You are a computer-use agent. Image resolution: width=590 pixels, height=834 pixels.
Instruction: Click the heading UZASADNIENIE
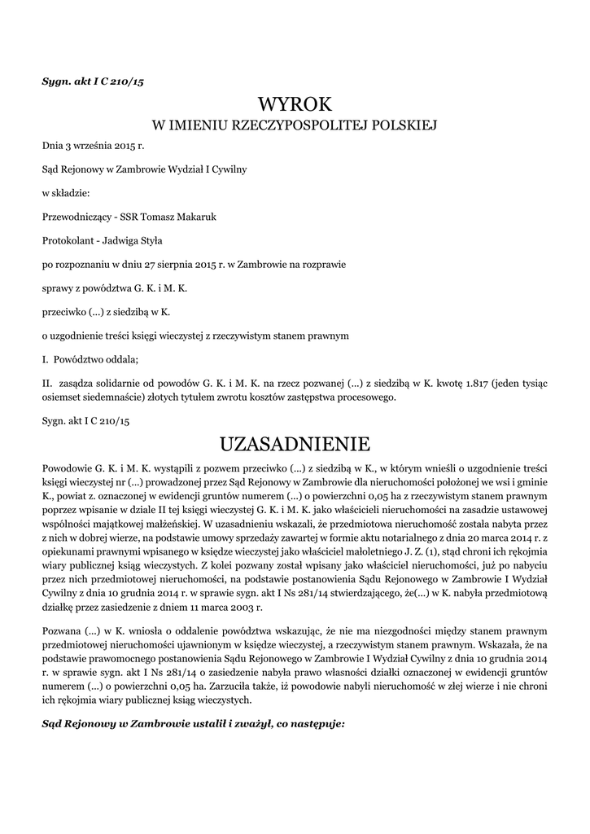click(x=295, y=444)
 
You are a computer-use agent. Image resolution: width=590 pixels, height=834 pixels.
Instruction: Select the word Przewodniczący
click(x=77, y=217)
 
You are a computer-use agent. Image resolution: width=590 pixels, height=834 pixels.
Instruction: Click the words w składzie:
click(x=66, y=193)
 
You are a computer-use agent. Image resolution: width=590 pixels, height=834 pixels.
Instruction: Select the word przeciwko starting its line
click(x=64, y=311)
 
